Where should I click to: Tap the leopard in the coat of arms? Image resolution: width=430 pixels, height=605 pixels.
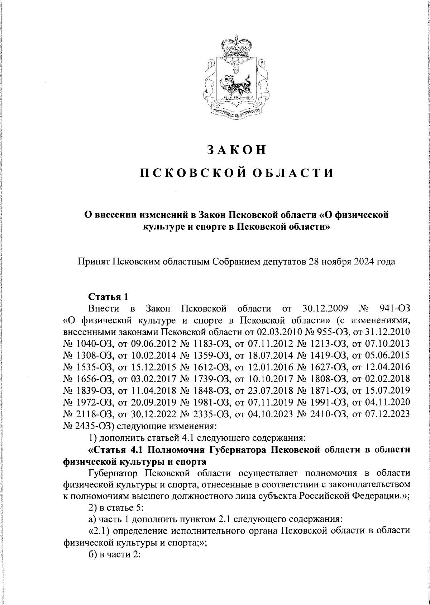(x=236, y=86)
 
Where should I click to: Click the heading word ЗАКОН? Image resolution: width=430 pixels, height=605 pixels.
(x=236, y=150)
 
